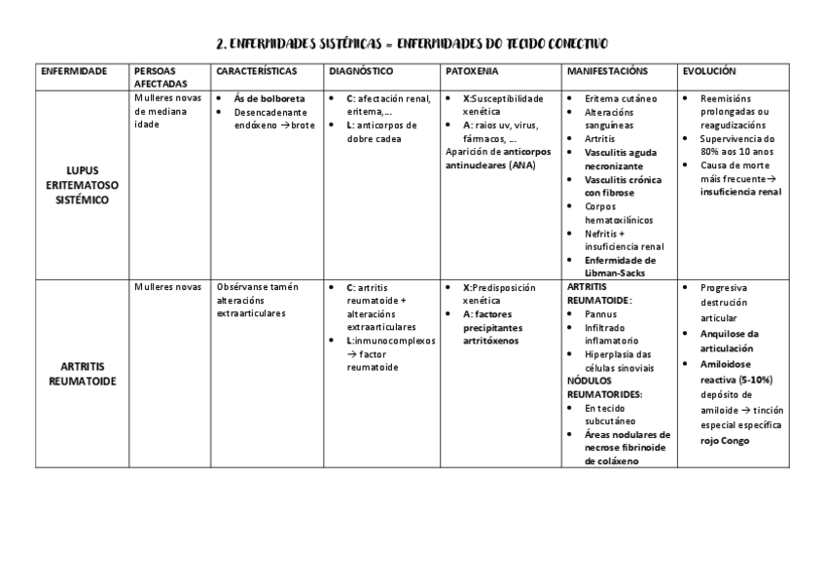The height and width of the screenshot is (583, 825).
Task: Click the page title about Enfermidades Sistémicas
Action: [412, 44]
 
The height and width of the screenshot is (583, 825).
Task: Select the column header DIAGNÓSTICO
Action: [361, 71]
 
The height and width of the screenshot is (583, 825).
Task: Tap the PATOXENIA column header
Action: [472, 71]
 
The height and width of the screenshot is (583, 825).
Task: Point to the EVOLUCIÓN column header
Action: [709, 71]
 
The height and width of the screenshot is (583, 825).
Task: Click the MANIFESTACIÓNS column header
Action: [606, 71]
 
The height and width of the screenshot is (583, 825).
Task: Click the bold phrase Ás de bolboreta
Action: [269, 98]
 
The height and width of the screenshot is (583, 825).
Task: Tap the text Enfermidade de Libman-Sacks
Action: [620, 267]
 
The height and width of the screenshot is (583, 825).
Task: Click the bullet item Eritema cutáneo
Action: [620, 98]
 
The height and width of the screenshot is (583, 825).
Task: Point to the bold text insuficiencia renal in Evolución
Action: [740, 192]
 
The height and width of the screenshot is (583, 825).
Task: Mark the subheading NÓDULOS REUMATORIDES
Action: [603, 387]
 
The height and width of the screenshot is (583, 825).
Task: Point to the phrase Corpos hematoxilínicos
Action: [618, 213]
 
